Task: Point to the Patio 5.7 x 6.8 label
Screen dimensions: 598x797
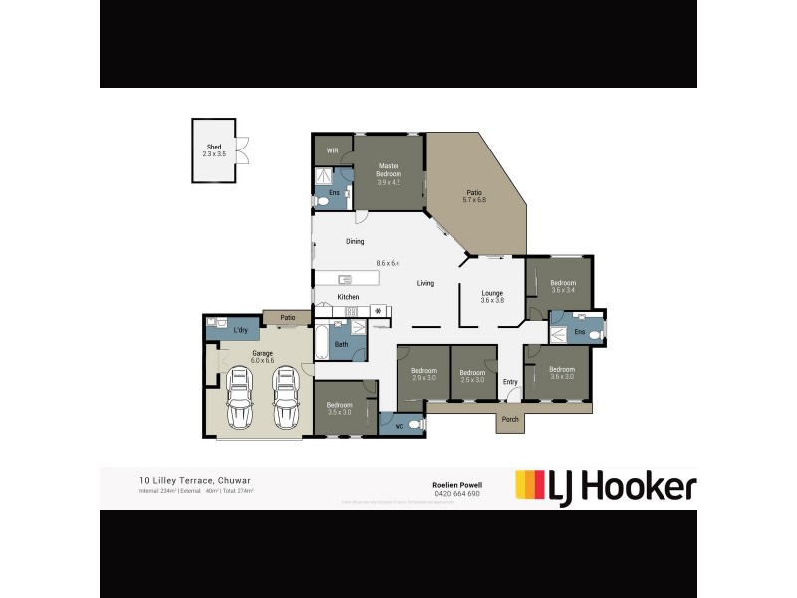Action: pos(474,196)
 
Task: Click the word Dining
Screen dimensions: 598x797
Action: pos(354,242)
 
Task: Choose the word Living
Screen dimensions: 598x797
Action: pos(425,284)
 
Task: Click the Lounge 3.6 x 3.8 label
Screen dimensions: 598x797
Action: pos(492,297)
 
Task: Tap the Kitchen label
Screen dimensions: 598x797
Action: pos(348,298)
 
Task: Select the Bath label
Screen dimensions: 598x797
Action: pos(341,345)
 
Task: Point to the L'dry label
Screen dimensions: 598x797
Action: pos(240,330)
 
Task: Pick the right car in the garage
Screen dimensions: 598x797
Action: pos(286,397)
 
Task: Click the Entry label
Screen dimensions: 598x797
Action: pos(510,382)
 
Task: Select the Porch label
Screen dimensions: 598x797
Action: pos(510,419)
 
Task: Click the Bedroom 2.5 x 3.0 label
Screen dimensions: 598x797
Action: pos(472,376)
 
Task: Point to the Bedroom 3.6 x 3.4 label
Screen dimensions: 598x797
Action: pos(563,286)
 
